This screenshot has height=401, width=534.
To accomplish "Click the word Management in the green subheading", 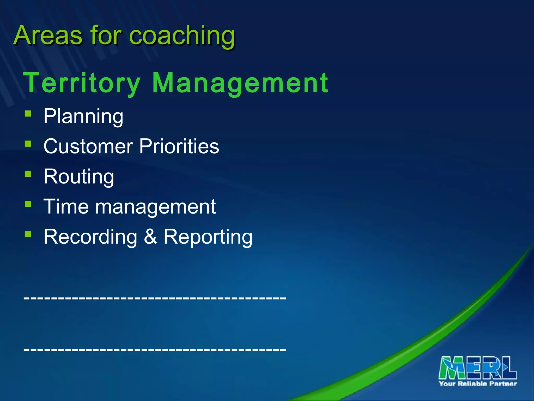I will pos(240,83).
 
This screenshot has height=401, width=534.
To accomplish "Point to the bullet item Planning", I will pos(83,116).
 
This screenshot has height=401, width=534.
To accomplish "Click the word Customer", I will pos(88,146).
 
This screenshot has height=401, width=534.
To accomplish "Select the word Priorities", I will pos(179,146).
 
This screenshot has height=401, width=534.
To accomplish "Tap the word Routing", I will pos(79,177).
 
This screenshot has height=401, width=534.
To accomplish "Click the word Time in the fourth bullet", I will pos(66,207).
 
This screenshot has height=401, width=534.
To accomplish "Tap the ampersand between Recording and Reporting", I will pos(150,237).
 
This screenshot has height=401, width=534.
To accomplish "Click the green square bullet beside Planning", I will pos(28,114).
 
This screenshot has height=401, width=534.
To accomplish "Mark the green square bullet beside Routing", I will pos(28,174).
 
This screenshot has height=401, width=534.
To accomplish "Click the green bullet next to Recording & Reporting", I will pos(28,234).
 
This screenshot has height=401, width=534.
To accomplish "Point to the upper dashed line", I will pos(155,297).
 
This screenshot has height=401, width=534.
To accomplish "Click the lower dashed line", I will pos(155,349).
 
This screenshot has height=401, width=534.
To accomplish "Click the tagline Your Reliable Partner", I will pos(478,384).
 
